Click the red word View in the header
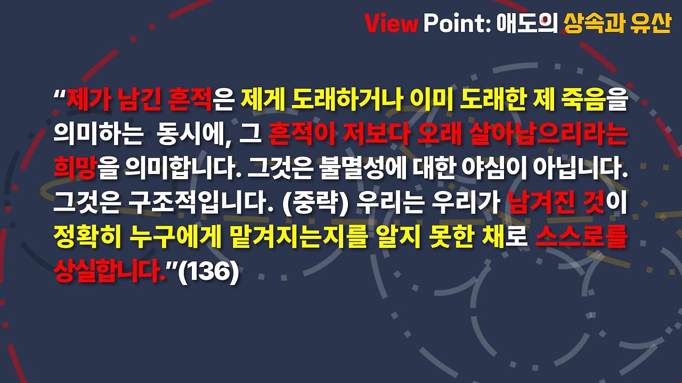391,23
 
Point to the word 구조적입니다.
201,205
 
